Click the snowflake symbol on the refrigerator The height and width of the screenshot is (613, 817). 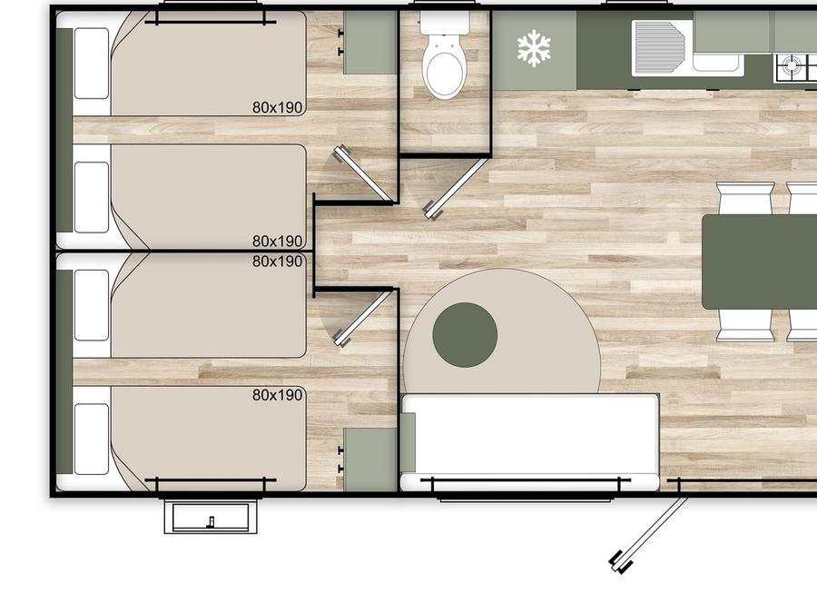pyautogui.click(x=534, y=48)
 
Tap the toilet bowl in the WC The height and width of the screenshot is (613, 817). pyautogui.click(x=444, y=68)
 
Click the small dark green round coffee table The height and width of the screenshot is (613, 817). pyautogui.click(x=465, y=334)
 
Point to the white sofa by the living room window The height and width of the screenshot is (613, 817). pyautogui.click(x=529, y=442)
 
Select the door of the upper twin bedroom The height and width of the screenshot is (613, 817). pyautogui.click(x=364, y=173)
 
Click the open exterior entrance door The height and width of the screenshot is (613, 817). pyautogui.click(x=650, y=534)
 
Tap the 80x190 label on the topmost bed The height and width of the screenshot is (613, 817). pyautogui.click(x=277, y=107)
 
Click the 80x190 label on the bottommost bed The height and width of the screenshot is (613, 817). pyautogui.click(x=277, y=395)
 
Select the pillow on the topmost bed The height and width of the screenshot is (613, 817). pyautogui.click(x=92, y=63)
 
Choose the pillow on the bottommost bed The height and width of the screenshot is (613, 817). pyautogui.click(x=92, y=440)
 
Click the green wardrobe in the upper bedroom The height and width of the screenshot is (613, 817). pyautogui.click(x=370, y=43)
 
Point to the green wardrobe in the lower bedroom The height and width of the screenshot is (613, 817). pyautogui.click(x=370, y=460)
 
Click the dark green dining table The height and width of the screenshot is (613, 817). pyautogui.click(x=760, y=262)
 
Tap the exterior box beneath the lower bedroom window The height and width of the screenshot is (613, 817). pyautogui.click(x=211, y=517)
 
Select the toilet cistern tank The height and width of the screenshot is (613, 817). pyautogui.click(x=445, y=23)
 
